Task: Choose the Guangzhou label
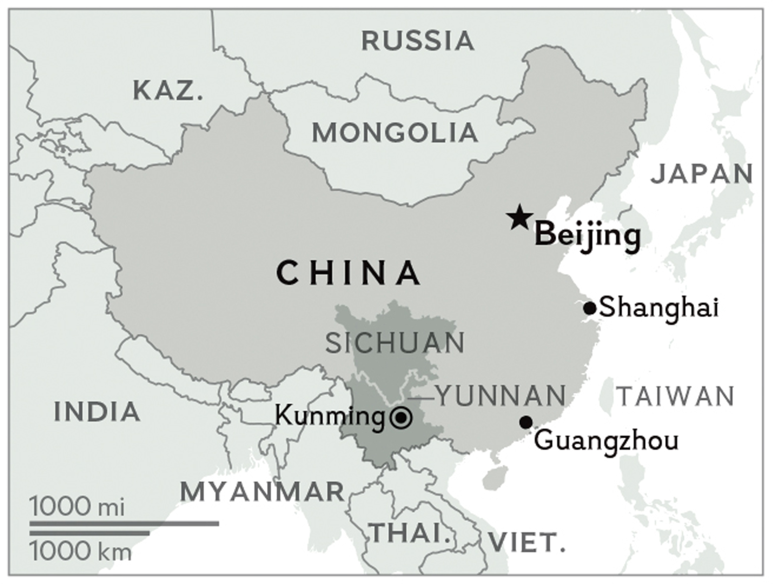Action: point(606,441)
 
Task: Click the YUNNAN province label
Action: point(502,396)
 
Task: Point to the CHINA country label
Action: point(349,273)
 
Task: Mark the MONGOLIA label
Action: point(395,133)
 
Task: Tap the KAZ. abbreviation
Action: point(168,90)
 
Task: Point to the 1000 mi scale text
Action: point(77,506)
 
